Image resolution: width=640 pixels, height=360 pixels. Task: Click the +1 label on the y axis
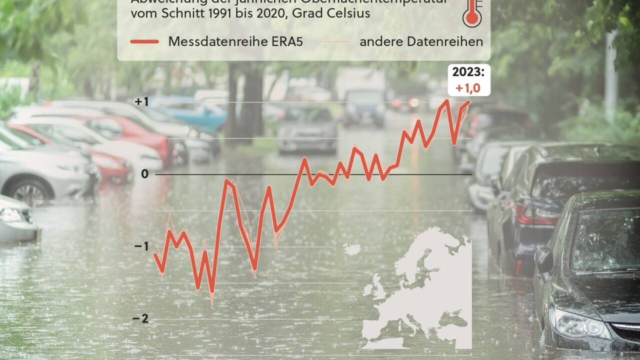141,102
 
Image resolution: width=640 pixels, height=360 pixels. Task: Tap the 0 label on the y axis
145,174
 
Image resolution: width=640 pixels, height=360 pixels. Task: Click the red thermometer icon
471,12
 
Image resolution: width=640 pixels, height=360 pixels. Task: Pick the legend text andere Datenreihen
421,41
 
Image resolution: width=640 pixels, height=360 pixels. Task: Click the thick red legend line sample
144,41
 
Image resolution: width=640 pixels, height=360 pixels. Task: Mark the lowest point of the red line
212,292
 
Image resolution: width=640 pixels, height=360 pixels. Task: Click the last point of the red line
469,102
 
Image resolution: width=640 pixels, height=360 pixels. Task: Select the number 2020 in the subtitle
268,13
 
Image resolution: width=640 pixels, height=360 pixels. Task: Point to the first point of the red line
155,254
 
